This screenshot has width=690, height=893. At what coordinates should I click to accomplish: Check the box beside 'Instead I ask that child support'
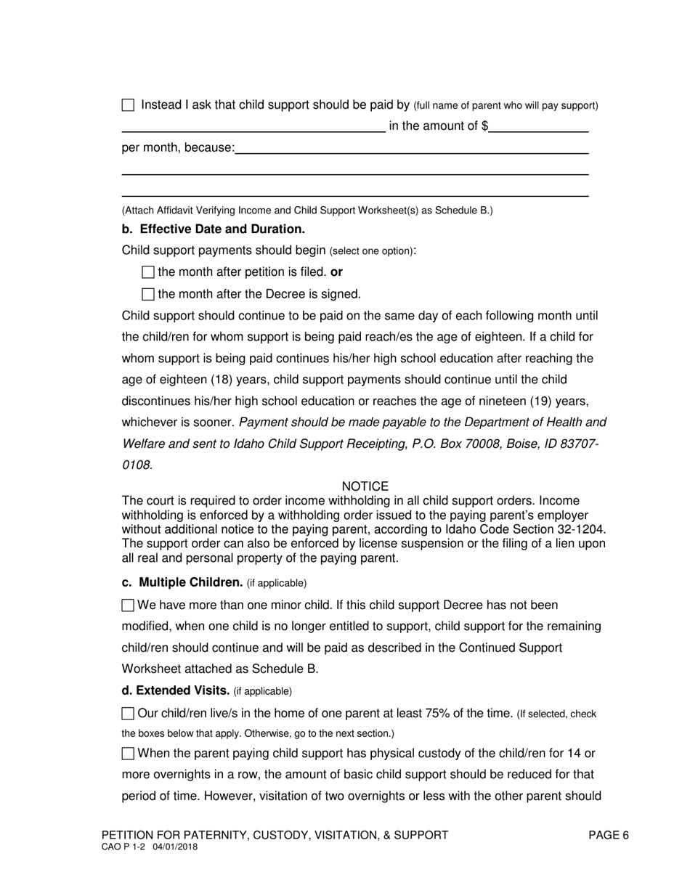point(128,105)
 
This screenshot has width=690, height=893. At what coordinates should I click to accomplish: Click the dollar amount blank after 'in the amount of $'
point(538,126)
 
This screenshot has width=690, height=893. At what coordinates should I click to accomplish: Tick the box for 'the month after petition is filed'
point(148,272)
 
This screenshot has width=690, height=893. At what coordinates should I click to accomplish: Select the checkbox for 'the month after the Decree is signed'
point(148,294)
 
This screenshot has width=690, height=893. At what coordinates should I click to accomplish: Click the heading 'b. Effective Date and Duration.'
point(214,229)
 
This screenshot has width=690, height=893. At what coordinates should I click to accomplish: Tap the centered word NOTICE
point(365,486)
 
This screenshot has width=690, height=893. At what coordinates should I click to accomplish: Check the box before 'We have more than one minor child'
point(128,605)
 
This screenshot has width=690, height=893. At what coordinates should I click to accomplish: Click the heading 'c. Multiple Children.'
point(182,582)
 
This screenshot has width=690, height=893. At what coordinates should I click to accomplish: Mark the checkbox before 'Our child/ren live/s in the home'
point(128,714)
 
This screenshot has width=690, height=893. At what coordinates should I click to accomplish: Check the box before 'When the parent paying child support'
point(128,754)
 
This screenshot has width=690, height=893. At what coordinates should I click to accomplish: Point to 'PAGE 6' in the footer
point(608,835)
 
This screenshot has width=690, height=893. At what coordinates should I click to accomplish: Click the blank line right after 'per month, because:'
point(411,148)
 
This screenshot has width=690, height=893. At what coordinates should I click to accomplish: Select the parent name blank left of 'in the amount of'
point(253,126)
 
